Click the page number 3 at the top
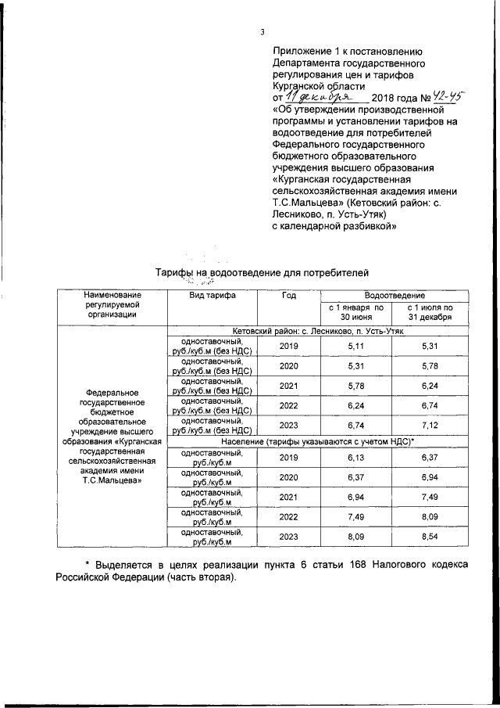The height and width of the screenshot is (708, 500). click(262, 31)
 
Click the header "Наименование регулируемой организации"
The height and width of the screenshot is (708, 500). click(112, 304)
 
